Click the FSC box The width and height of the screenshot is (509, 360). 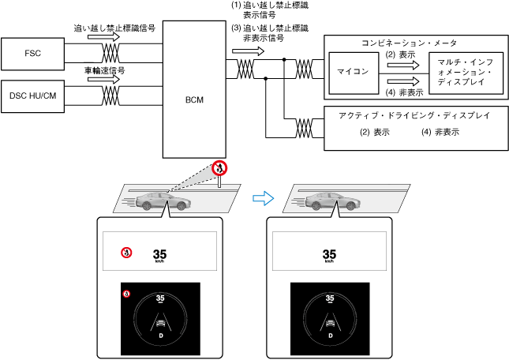click(x=33, y=54)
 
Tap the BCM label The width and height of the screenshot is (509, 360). click(x=194, y=102)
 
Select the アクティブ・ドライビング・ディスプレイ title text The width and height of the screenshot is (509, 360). click(x=414, y=115)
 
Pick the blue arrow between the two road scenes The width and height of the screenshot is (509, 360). click(x=261, y=198)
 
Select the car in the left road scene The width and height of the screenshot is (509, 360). click(x=163, y=201)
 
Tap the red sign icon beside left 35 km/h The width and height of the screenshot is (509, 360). click(x=125, y=253)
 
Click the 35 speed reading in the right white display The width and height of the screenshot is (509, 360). click(x=330, y=254)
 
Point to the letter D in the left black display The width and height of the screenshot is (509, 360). click(x=160, y=335)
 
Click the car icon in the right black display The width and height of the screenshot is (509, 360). click(x=330, y=321)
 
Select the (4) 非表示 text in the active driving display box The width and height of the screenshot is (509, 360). click(x=441, y=132)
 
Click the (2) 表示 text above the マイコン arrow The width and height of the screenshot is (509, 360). click(x=400, y=55)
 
